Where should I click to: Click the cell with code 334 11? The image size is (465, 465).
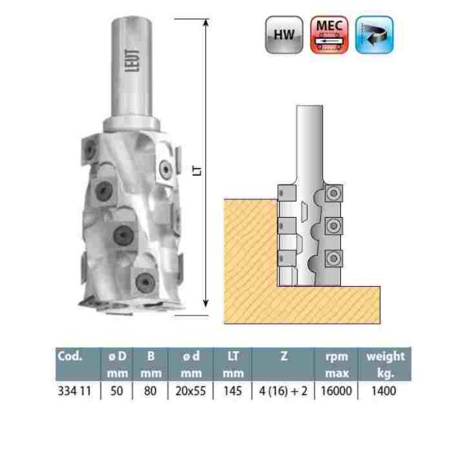pos(75,391)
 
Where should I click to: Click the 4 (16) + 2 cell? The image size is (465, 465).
pos(282,391)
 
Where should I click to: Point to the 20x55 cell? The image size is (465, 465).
pos(194,391)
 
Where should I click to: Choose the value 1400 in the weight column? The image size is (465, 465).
pos(384,391)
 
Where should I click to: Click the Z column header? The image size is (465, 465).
pos(282,357)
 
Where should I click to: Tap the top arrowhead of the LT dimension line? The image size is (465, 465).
pos(207,24)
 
